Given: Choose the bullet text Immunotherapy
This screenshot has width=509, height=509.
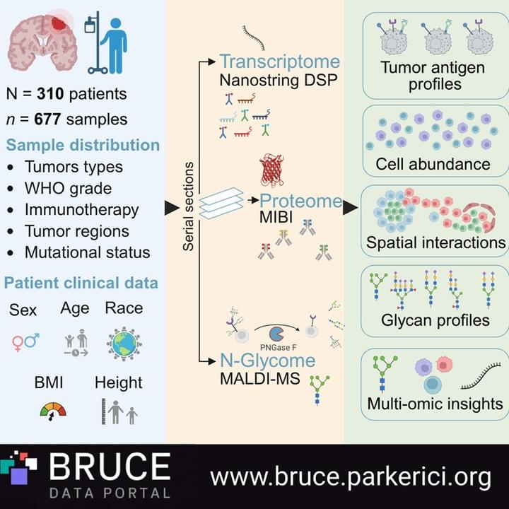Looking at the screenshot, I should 82,210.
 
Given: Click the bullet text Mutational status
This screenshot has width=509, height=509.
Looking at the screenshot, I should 88,252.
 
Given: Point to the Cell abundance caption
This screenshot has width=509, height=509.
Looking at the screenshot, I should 433,164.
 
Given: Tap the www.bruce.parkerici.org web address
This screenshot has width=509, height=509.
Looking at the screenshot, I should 351,477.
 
